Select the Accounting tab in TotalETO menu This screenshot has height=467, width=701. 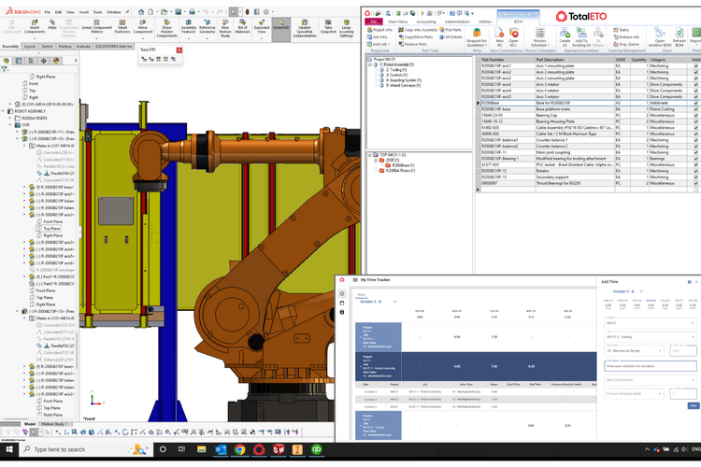pyautogui.click(x=426, y=21)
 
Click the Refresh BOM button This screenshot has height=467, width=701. pyautogui.click(x=679, y=41)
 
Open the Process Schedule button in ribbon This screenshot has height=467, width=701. pyautogui.click(x=539, y=41)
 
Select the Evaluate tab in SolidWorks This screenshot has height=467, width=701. pyautogui.click(x=83, y=46)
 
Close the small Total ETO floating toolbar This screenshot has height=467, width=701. pyautogui.click(x=179, y=50)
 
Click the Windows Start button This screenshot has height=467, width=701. pyautogui.click(x=8, y=449)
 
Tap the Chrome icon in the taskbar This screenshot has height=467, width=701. pyautogui.click(x=240, y=449)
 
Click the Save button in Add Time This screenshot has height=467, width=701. pyautogui.click(x=693, y=405)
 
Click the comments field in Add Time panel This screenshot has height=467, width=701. pyautogui.click(x=651, y=366)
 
